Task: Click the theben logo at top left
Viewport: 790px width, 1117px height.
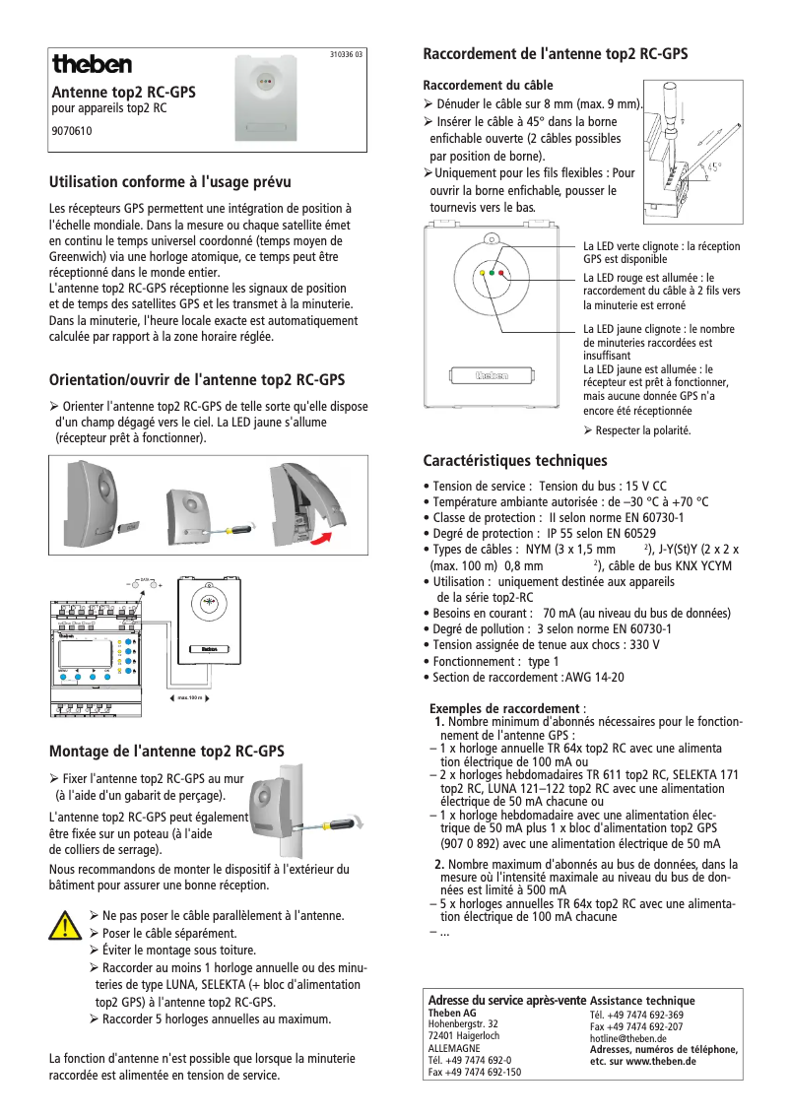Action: click(92, 64)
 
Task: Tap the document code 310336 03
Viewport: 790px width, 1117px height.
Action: click(346, 55)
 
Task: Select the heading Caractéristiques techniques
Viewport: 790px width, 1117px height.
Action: click(515, 461)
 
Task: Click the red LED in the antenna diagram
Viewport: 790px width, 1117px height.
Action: click(500, 273)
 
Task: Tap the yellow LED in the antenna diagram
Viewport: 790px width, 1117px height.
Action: click(481, 273)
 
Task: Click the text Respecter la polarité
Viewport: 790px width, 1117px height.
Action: click(642, 430)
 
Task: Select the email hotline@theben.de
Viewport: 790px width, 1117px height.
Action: click(628, 1038)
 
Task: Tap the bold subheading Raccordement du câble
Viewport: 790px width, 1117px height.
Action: click(488, 86)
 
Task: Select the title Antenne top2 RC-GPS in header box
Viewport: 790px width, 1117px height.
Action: click(123, 92)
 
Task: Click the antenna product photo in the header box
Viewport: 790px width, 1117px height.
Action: click(265, 97)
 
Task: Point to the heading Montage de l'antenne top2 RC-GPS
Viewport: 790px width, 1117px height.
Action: click(166, 751)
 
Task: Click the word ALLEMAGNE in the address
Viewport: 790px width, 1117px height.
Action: click(454, 1048)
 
